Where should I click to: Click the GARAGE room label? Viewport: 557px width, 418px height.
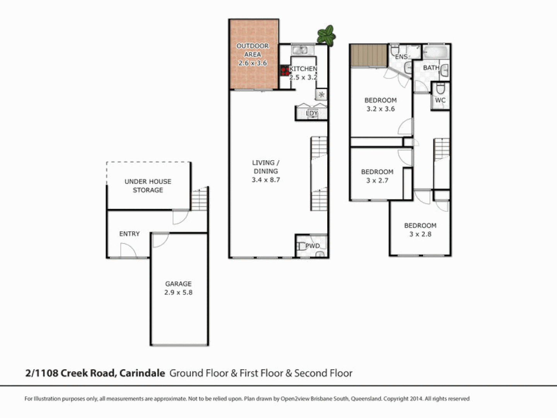pyautogui.click(x=178, y=284)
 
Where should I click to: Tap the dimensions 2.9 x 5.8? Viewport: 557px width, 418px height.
pyautogui.click(x=178, y=293)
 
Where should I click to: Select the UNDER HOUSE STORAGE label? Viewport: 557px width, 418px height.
pyautogui.click(x=148, y=186)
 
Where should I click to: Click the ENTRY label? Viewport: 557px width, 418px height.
pyautogui.click(x=129, y=234)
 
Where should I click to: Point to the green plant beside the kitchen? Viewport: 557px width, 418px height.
pyautogui.click(x=326, y=35)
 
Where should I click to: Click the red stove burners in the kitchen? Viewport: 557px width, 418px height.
pyautogui.click(x=285, y=71)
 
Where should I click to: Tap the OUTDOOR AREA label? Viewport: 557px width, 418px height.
pyautogui.click(x=253, y=50)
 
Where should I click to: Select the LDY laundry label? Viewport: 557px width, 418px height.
pyautogui.click(x=312, y=113)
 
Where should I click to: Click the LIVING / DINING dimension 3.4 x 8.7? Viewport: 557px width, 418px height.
pyautogui.click(x=266, y=180)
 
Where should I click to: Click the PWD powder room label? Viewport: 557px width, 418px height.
pyautogui.click(x=313, y=246)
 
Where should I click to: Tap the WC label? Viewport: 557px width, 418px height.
pyautogui.click(x=440, y=100)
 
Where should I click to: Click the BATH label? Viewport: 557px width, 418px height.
pyautogui.click(x=431, y=68)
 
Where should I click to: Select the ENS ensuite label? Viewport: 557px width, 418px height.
pyautogui.click(x=401, y=57)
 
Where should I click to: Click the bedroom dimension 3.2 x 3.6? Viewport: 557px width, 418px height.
pyautogui.click(x=381, y=109)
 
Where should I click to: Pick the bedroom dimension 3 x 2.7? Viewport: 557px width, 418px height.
pyautogui.click(x=377, y=181)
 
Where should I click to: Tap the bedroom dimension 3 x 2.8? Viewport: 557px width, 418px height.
pyautogui.click(x=420, y=234)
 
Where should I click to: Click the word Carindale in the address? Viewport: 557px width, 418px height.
pyautogui.click(x=142, y=373)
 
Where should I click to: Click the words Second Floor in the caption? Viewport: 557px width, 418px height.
pyautogui.click(x=323, y=373)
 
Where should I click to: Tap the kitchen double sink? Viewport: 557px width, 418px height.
pyautogui.click(x=299, y=50)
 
